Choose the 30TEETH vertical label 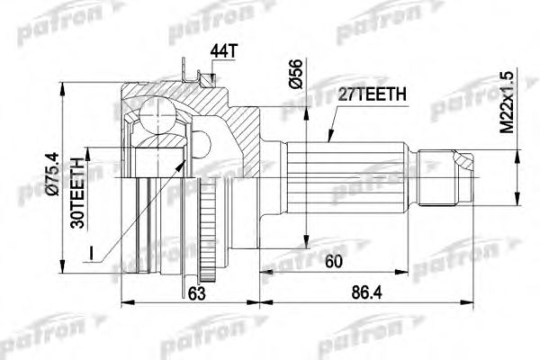pyautogui.click(x=78, y=193)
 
